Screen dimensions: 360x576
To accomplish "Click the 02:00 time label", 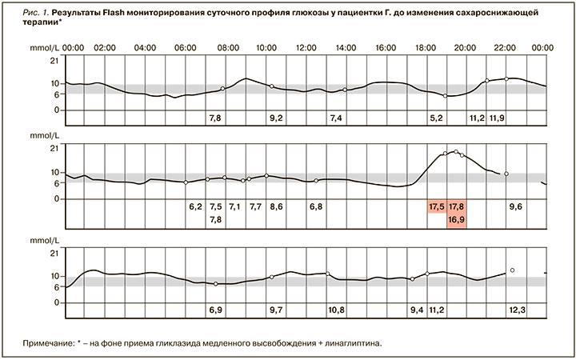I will (x=105, y=48).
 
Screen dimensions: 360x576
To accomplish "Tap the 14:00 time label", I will (x=346, y=48).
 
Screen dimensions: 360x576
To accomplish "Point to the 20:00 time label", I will (x=465, y=48).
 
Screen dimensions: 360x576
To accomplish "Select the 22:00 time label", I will (x=505, y=48).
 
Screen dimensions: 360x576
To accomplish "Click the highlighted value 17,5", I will (x=437, y=206).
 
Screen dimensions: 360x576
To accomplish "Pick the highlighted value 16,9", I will (x=457, y=218).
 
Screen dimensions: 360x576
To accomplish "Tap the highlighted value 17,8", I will (x=457, y=206).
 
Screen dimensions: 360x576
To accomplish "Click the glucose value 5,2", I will (x=437, y=118).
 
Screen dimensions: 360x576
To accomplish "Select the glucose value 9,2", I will (x=276, y=118).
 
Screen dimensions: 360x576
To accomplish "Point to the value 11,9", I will (x=497, y=118).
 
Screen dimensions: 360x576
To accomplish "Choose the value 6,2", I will (x=195, y=206).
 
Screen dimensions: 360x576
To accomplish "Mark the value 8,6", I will (x=276, y=206).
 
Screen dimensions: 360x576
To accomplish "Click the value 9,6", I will (x=516, y=206).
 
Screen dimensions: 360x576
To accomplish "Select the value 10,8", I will (x=336, y=309).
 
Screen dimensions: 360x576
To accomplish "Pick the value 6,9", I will (x=215, y=309).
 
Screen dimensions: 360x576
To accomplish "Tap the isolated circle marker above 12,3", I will (x=512, y=270).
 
